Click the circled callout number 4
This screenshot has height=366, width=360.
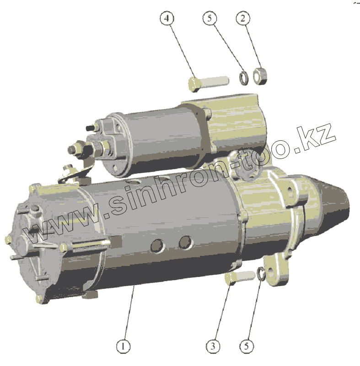click(167, 18)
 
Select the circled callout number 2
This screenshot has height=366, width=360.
click(243, 18)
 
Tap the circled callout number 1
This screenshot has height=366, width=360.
click(123, 346)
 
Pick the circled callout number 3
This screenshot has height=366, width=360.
click(213, 346)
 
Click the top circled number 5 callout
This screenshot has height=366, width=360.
click(210, 18)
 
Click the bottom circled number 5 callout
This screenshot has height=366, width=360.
click(247, 346)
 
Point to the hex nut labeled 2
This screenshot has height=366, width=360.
click(260, 76)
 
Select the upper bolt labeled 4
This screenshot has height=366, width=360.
click(208, 84)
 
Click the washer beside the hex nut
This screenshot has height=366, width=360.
click(244, 79)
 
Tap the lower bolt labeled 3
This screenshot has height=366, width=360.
click(239, 277)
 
